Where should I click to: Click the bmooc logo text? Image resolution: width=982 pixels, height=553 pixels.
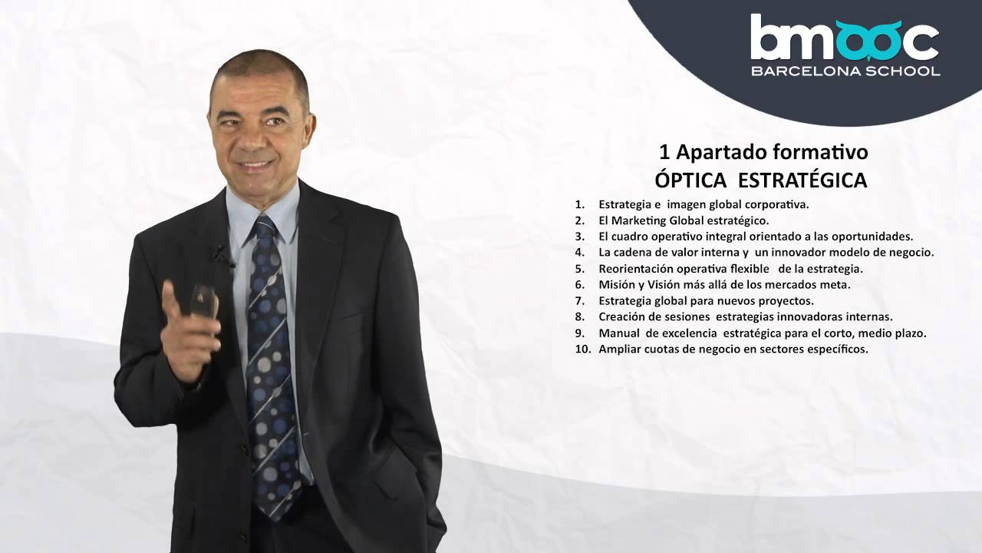(x=844, y=38)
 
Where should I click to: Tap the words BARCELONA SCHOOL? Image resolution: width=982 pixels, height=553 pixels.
(x=845, y=71)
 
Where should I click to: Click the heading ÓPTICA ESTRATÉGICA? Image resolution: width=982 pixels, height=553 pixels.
(x=760, y=180)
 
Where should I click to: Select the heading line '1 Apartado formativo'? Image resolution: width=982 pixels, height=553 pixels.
(x=763, y=152)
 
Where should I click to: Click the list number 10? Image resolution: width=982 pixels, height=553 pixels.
(x=583, y=349)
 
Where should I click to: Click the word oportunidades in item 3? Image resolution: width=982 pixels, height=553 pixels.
(x=875, y=237)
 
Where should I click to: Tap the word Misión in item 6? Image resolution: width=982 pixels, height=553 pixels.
(x=616, y=285)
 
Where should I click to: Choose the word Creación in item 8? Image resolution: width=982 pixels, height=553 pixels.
(x=621, y=317)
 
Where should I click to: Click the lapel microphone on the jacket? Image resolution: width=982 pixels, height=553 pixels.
(x=222, y=253)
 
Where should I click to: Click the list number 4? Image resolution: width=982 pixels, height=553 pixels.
(x=580, y=253)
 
